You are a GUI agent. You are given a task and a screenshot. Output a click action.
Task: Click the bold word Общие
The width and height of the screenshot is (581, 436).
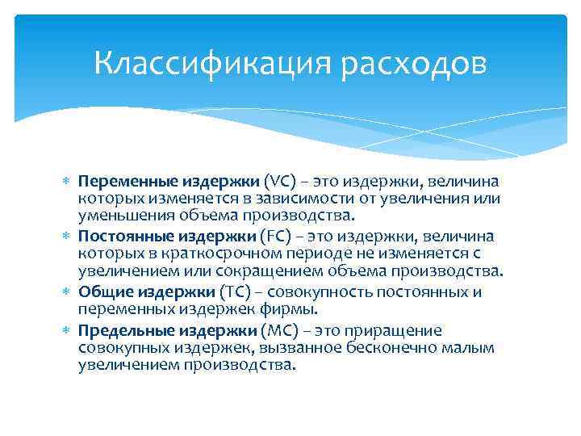(x=102, y=292)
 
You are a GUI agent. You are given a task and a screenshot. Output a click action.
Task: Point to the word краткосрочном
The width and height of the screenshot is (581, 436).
(x=216, y=254)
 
